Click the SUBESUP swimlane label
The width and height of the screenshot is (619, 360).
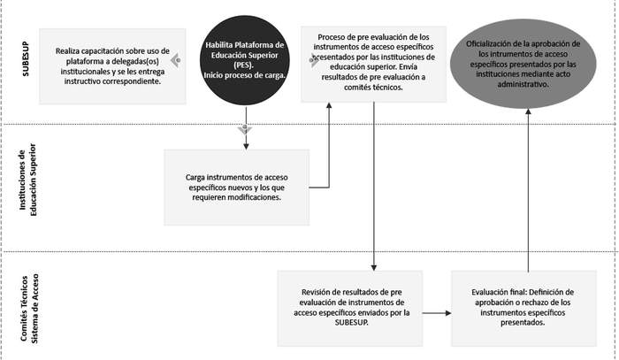[26, 61]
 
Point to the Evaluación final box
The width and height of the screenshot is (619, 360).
[523, 307]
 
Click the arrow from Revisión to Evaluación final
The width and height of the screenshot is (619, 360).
[434, 312]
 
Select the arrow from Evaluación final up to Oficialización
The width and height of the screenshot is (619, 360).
[529, 195]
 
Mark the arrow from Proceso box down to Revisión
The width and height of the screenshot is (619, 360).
[376, 186]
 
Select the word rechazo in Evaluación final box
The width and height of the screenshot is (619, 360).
[532, 307]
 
